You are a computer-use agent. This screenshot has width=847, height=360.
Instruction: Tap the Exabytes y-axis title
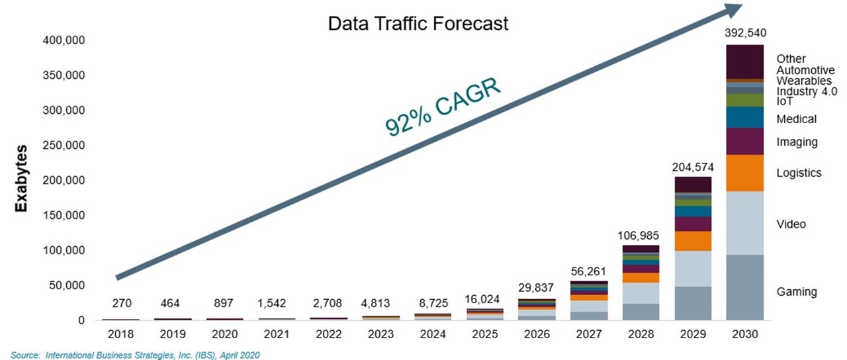(x=21, y=178)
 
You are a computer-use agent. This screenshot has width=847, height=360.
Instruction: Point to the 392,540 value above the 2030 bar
(x=746, y=32)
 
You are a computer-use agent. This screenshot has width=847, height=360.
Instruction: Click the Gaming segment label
(x=797, y=292)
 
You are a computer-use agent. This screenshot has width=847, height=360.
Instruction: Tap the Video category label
(x=791, y=224)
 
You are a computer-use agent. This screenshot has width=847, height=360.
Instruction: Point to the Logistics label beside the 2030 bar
(x=799, y=173)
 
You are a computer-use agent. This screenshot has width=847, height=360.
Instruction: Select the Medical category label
(x=797, y=119)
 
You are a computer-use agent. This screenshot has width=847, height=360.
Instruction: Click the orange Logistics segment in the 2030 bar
(x=745, y=173)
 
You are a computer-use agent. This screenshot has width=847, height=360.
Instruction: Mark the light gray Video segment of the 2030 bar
(x=745, y=223)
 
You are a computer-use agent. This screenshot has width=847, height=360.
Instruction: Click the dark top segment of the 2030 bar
(x=745, y=62)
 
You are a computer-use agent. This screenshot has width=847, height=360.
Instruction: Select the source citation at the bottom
(x=135, y=355)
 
